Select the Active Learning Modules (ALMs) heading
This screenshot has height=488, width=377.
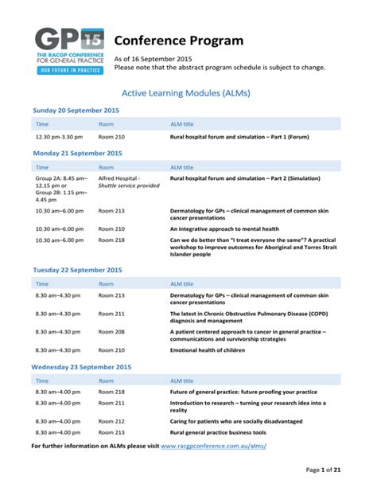coord(188,92)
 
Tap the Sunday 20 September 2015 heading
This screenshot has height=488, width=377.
coord(76,110)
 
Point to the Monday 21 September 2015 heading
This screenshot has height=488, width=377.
coord(76,153)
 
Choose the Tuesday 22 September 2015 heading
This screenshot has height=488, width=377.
coord(76,270)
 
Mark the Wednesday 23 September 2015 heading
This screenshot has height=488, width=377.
coord(82,367)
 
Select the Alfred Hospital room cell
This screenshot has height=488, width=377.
coord(119,178)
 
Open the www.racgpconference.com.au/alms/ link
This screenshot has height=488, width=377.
coord(213,447)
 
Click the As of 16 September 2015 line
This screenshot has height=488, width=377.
coord(154,59)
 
